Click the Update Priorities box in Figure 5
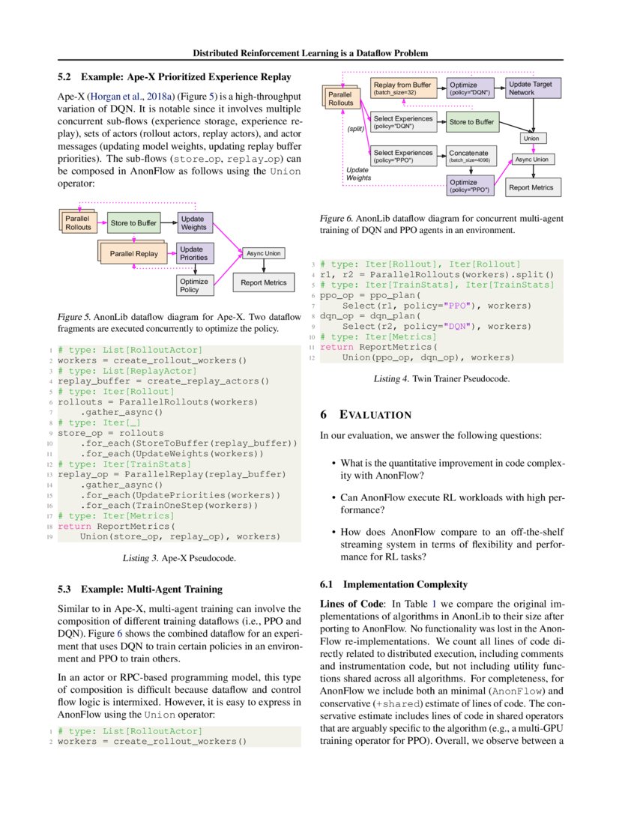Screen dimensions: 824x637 point(193,253)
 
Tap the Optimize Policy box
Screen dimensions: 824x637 point(193,285)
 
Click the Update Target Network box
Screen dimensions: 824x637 point(531,88)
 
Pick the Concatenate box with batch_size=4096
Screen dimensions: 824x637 point(472,156)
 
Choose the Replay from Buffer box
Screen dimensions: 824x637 point(403,88)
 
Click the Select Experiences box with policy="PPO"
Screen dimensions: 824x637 point(403,156)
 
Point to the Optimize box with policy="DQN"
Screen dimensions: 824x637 point(472,88)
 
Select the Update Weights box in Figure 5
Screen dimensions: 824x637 point(193,222)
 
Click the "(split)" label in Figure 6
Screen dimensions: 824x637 point(354,129)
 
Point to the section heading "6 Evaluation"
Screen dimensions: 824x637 point(366,414)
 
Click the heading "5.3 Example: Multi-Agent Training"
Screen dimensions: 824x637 point(140,590)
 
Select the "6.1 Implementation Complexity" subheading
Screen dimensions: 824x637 point(393,584)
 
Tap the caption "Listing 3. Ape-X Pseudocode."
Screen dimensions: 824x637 point(179,558)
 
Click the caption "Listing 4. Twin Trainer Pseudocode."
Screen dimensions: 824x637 point(441,379)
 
